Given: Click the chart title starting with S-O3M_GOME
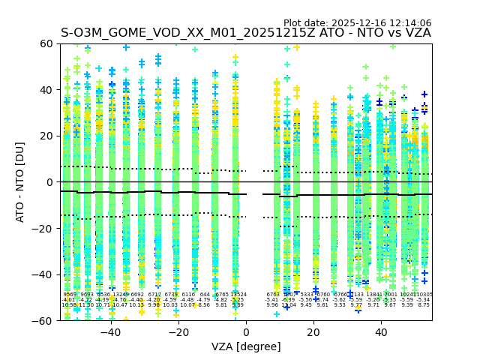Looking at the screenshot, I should [246, 33].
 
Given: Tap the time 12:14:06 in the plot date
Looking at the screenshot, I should [409, 23].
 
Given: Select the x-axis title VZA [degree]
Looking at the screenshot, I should [246, 346].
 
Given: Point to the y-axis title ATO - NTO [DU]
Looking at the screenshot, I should [21, 182].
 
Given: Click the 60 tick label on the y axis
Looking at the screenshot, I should [46, 43].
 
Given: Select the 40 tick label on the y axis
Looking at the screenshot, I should [46, 90].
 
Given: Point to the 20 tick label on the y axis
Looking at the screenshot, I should [46, 136].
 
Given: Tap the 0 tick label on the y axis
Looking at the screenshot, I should [49, 182].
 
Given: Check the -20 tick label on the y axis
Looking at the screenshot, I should [43, 228].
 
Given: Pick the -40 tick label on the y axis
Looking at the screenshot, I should [43, 274].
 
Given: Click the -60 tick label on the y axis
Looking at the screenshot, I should [43, 320].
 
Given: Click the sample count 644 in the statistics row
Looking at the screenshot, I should [205, 295].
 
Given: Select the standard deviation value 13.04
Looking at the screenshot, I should [289, 305].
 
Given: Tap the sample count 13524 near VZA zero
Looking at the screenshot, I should [238, 295].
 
